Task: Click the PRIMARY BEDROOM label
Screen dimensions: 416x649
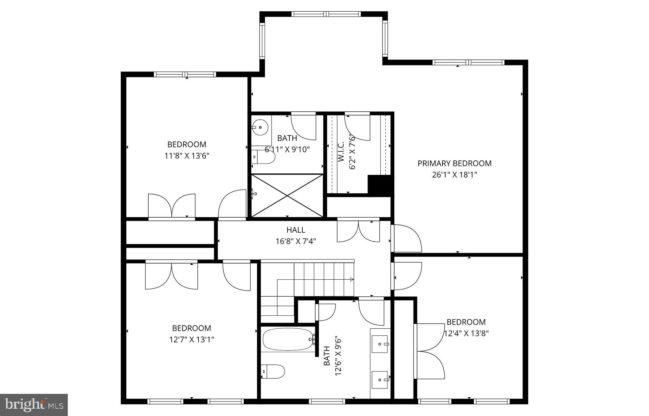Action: pos(454,164)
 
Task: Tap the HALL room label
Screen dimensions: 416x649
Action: pos(296,230)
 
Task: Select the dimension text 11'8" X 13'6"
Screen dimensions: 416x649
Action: pos(187,156)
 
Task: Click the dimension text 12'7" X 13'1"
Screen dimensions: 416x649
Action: pos(191,340)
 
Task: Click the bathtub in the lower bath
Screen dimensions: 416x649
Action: pos(287,339)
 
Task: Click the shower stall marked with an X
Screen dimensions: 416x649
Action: pos(287,196)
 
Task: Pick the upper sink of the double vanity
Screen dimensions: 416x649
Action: pos(380,344)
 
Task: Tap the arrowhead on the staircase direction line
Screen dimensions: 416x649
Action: pos(351,279)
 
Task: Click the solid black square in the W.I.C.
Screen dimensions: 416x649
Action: pos(380,185)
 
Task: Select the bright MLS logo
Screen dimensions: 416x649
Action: pos(34,405)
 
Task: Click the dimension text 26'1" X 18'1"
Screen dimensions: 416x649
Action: pos(454,175)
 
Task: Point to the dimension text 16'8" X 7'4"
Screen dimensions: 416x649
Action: pos(296,241)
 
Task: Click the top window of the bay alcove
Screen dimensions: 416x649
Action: pos(326,14)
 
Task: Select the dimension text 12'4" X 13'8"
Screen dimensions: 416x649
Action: pos(466,333)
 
